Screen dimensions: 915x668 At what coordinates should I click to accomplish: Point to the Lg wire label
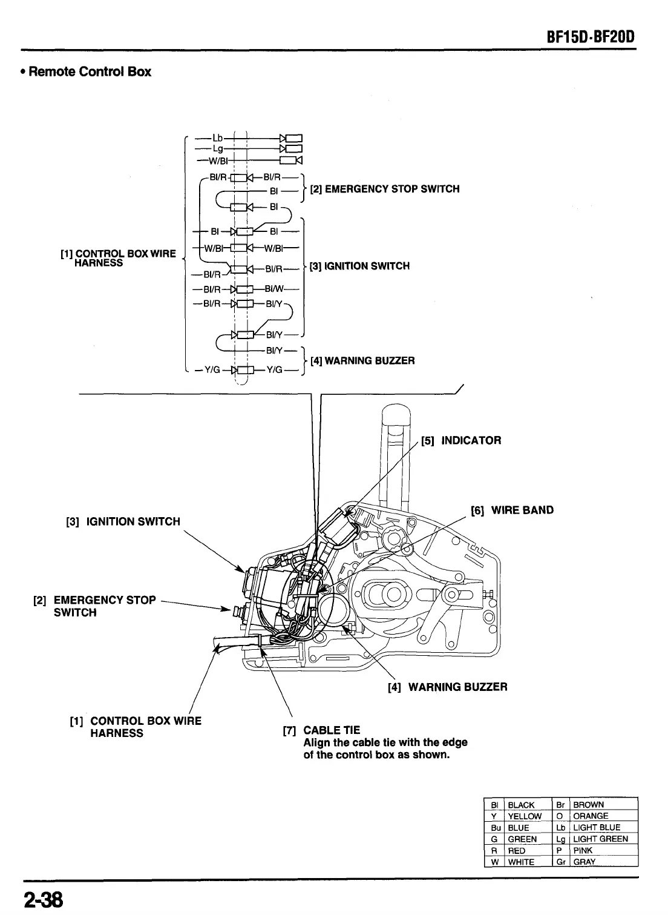pyautogui.click(x=218, y=148)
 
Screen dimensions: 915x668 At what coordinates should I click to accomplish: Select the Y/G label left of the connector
pyautogui.click(x=205, y=371)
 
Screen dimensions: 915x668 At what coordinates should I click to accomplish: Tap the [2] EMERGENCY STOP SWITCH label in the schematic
pyautogui.click(x=384, y=189)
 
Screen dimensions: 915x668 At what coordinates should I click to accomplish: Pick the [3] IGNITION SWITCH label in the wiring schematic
pyautogui.click(x=359, y=266)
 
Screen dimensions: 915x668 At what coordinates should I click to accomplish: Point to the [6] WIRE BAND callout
pyautogui.click(x=512, y=510)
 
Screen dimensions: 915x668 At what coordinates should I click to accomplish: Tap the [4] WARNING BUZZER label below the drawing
pyautogui.click(x=447, y=687)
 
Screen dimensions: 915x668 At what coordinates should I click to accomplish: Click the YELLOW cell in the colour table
pyautogui.click(x=525, y=816)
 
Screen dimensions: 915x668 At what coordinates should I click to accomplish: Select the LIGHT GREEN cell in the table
pyautogui.click(x=600, y=839)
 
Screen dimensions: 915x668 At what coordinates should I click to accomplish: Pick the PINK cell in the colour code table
pyautogui.click(x=583, y=850)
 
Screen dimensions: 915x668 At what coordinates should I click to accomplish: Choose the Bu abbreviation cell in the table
pyautogui.click(x=494, y=827)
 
